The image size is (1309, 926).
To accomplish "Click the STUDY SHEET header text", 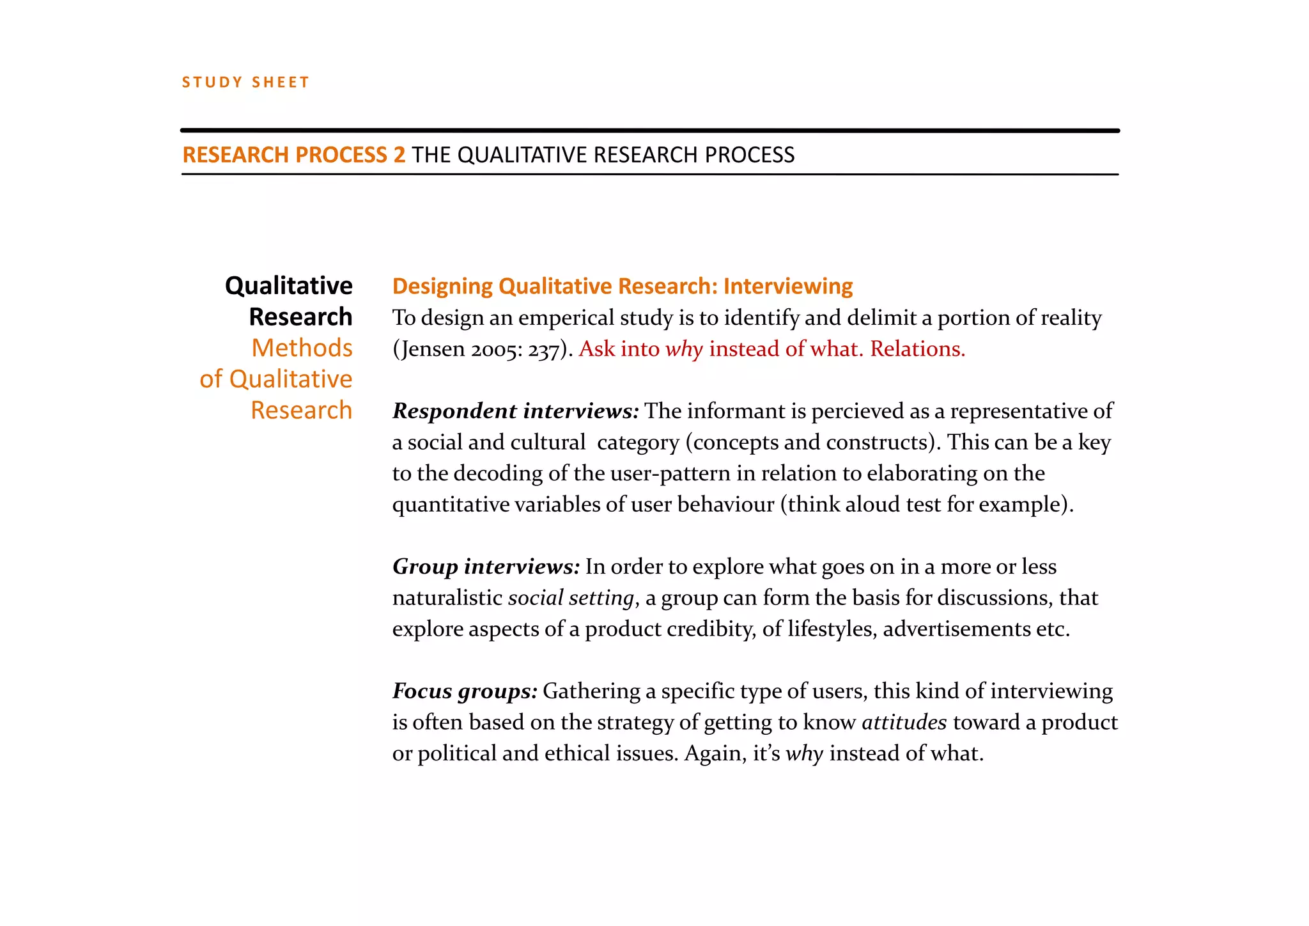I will (245, 82).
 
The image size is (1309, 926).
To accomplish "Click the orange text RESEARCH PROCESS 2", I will (293, 155).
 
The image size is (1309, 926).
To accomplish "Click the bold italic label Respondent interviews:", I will (515, 411).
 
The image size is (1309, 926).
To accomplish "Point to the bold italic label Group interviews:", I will (486, 567).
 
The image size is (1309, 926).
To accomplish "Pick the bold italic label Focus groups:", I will (465, 691).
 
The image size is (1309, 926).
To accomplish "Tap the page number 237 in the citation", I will (543, 349).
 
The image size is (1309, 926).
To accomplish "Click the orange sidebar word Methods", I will (302, 348).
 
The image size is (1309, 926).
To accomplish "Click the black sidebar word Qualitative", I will (288, 286).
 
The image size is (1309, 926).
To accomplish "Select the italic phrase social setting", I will (571, 598).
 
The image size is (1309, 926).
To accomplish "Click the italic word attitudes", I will (904, 722).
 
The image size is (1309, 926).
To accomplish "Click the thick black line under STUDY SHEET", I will (649, 130).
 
